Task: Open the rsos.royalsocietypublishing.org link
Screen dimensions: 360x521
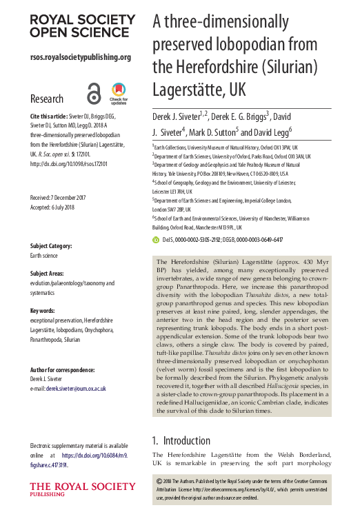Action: [x=80, y=57]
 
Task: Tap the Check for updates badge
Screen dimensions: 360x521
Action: [x=118, y=93]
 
